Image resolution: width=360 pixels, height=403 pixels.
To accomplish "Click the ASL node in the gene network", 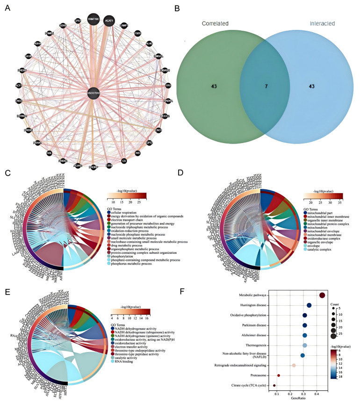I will [49, 152].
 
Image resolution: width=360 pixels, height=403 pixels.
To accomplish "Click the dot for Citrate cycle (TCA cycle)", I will [274, 385].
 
